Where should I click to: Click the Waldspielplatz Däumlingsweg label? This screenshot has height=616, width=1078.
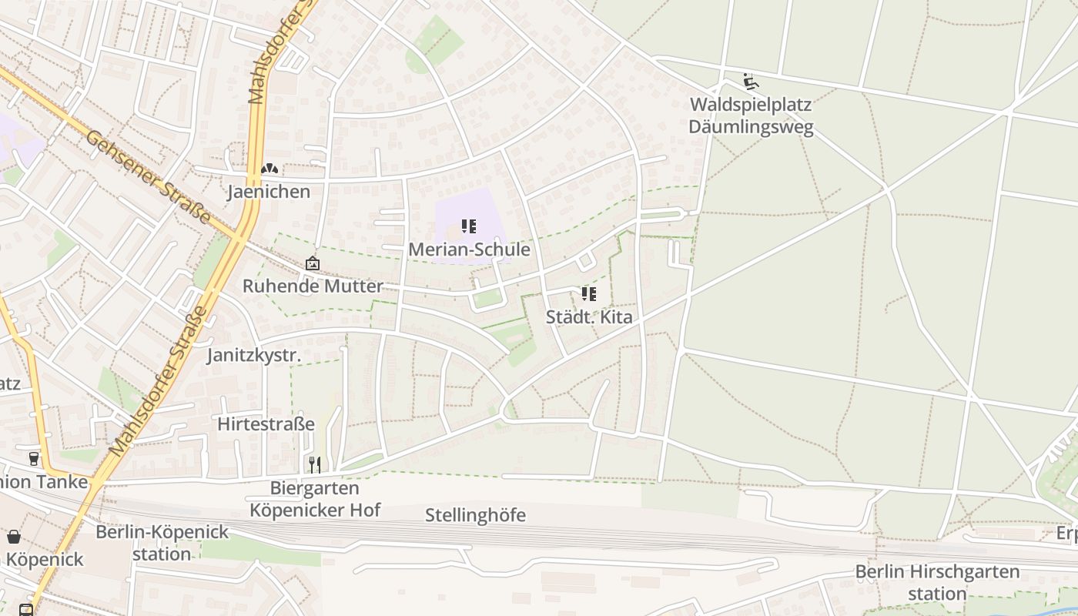(x=751, y=115)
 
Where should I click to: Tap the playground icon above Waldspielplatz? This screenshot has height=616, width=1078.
(x=749, y=81)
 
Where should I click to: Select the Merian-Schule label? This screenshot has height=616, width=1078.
(x=469, y=249)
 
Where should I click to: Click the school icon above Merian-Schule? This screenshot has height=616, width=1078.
(x=469, y=226)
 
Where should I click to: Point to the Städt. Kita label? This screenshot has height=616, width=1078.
(x=589, y=316)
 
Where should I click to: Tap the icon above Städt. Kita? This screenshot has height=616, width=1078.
(x=589, y=293)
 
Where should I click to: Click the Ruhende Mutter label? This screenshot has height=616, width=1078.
(x=313, y=286)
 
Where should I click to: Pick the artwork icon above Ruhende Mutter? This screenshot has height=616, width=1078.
(x=313, y=263)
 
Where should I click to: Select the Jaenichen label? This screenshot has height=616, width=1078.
(x=269, y=192)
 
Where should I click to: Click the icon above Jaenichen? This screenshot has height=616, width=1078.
(x=269, y=169)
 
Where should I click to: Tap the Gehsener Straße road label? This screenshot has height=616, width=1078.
(x=148, y=177)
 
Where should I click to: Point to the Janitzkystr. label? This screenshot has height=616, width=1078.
(x=254, y=355)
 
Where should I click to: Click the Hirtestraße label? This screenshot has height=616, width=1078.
(x=266, y=424)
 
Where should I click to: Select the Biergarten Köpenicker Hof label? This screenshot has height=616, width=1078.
(x=315, y=499)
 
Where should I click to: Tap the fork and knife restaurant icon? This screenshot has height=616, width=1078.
(x=314, y=464)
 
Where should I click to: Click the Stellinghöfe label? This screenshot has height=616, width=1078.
(x=475, y=515)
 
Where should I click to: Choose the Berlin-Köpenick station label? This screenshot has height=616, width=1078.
(x=162, y=543)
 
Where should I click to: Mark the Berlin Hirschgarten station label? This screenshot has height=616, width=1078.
(x=937, y=583)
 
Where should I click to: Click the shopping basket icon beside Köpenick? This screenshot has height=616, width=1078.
(x=14, y=537)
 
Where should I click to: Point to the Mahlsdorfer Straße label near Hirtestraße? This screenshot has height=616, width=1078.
(x=159, y=380)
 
